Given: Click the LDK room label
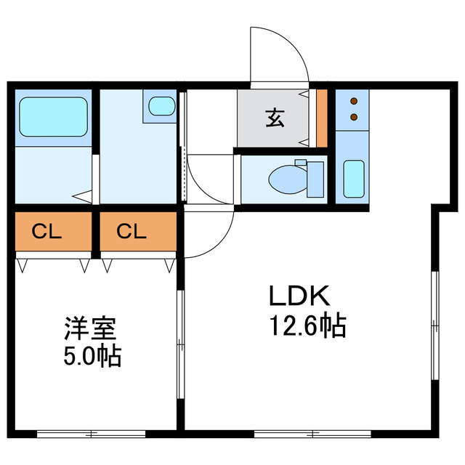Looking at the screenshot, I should [300, 296].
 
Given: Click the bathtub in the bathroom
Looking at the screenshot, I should [54, 117].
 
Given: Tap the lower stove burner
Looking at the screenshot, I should [354, 116].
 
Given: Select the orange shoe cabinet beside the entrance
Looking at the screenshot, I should [322, 118].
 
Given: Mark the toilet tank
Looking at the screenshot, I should [316, 179].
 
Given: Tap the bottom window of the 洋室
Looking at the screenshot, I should [92, 434].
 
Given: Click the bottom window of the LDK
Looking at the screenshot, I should [312, 434].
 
